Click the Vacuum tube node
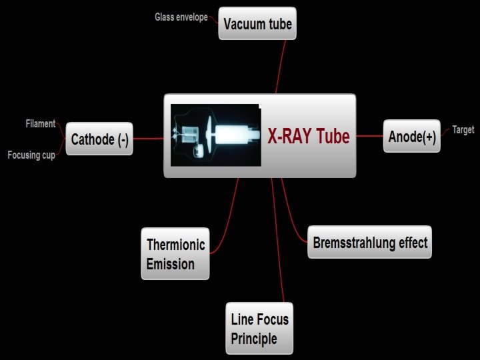pos(257,25)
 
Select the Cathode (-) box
pos(99,139)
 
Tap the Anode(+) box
pos(412,136)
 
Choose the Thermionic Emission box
pos(175,253)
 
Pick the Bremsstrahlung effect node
pos(370,242)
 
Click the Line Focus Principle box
pos(260,329)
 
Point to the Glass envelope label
pos(181,17)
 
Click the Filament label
pos(40,124)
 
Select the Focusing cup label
pos(31,155)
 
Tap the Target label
pos(463,130)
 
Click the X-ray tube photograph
pos(215,135)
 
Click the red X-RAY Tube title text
pos(309,137)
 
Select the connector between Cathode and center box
pos(148,139)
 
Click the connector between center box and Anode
pos(370,136)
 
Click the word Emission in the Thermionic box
pos(171,263)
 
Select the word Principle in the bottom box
pos(254,339)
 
